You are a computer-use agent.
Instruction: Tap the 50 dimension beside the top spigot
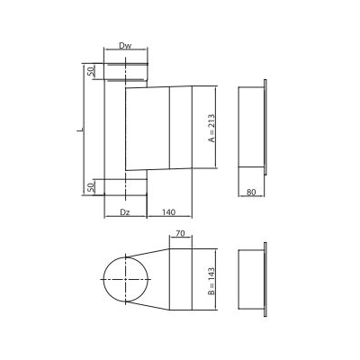click(91, 71)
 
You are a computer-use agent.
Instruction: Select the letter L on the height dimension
click(80, 130)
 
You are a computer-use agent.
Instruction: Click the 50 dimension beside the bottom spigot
click(91, 186)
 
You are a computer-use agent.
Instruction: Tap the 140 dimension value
click(168, 211)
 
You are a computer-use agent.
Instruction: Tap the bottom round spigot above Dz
click(124, 186)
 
